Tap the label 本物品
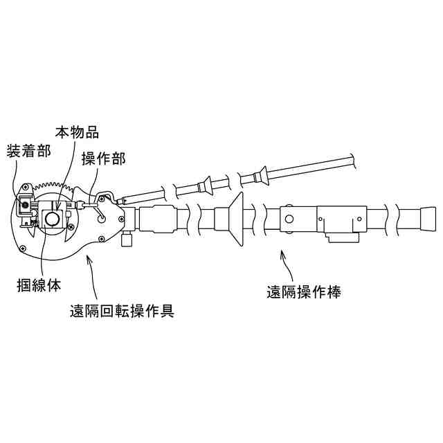(x=78, y=132)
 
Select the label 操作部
(x=103, y=158)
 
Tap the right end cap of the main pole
(x=428, y=219)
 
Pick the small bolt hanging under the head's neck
(x=127, y=239)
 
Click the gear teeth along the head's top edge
(x=52, y=186)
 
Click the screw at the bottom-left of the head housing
(x=24, y=247)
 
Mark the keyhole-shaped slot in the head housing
(x=102, y=215)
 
